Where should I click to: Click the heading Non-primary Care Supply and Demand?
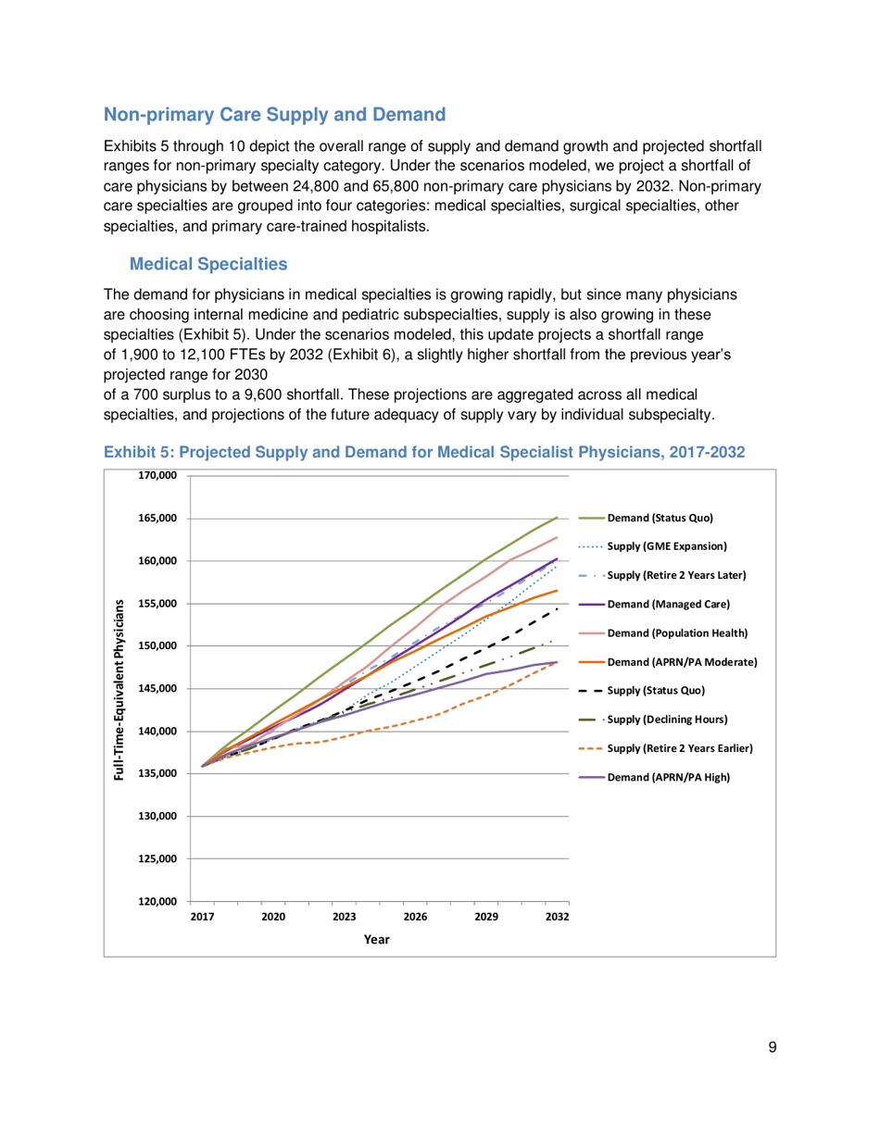[x=274, y=116]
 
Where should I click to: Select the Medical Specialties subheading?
[x=208, y=265]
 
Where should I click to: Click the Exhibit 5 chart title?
[x=424, y=452]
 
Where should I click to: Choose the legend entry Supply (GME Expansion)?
[x=673, y=546]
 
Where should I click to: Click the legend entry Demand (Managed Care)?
[x=668, y=604]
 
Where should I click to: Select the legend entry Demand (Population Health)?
[x=677, y=632]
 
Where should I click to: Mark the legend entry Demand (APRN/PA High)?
[x=668, y=776]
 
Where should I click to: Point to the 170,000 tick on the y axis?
[x=157, y=476]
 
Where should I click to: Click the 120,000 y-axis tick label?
[x=157, y=901]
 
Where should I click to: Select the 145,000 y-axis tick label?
[x=157, y=689]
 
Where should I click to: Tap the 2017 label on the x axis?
[x=202, y=917]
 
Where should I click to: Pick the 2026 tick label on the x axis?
[x=415, y=917]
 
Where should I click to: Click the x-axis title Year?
[x=376, y=939]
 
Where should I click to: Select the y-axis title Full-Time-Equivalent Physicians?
[x=119, y=688]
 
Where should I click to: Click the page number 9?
[x=772, y=1047]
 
